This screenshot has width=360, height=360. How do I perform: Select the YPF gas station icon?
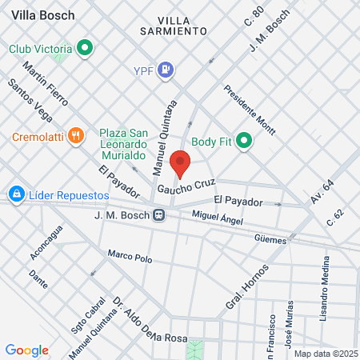pyautogui.click(x=166, y=70)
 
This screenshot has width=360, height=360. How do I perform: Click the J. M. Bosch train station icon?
pyautogui.click(x=160, y=215)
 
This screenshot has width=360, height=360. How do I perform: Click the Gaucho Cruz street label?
pyautogui.click(x=186, y=188)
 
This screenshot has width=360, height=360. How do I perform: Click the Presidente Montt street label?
pyautogui.click(x=250, y=110)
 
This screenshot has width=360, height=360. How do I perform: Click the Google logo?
pyautogui.click(x=27, y=350)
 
